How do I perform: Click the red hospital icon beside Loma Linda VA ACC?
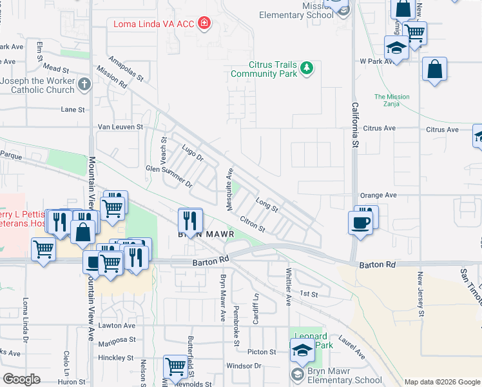point(204,25)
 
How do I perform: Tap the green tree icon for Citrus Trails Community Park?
point(308,67)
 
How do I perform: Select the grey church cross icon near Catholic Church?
point(84,84)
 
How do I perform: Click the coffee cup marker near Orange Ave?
point(360,223)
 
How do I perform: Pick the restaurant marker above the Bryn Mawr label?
point(190,220)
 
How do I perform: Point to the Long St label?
point(266,205)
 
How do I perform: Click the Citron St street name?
point(252,224)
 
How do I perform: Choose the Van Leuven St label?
point(120,127)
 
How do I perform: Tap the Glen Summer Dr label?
point(169,175)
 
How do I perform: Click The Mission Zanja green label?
point(392,101)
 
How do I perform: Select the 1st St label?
point(309,293)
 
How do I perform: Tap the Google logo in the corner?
point(22,379)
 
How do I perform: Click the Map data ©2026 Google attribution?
point(441,382)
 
